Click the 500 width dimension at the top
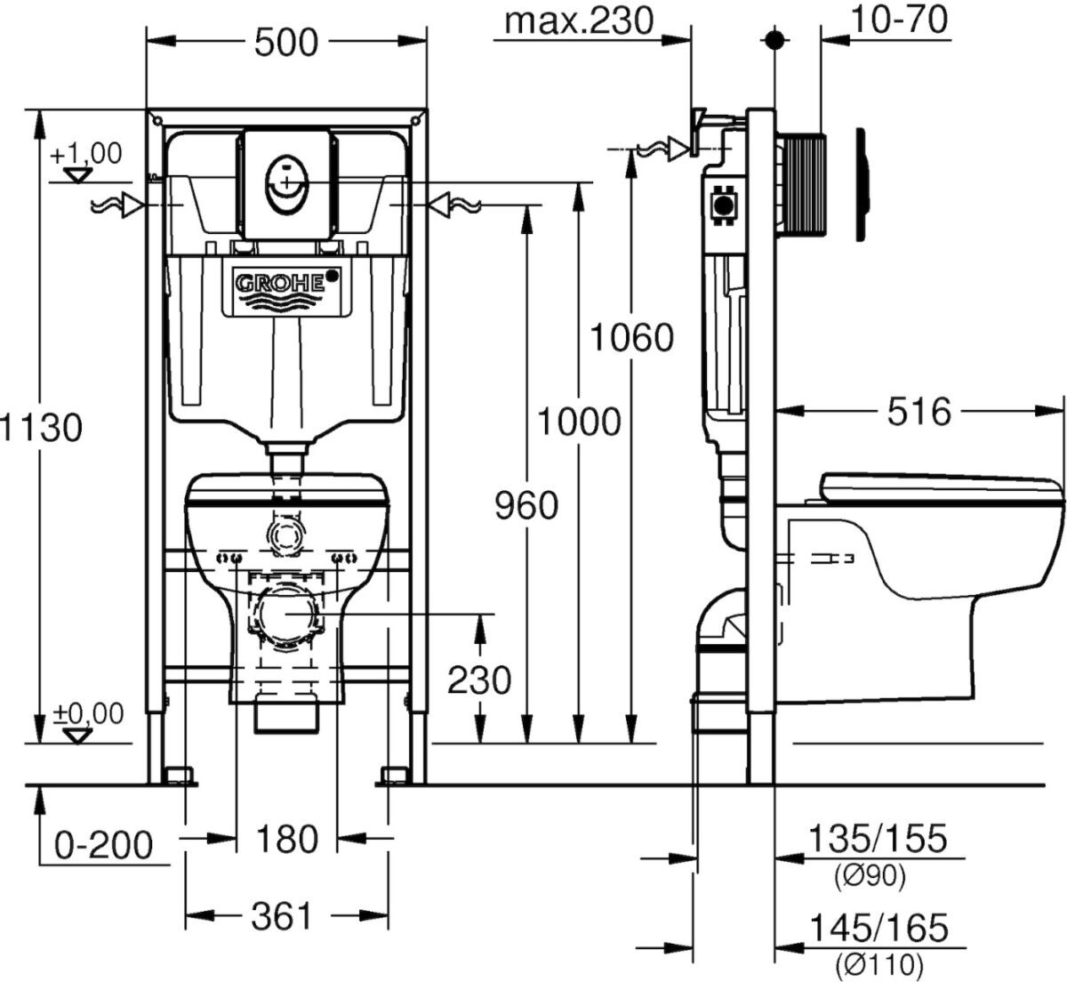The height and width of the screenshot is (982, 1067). point(286,42)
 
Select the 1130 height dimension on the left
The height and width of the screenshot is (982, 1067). point(41,427)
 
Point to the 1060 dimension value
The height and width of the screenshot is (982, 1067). point(632,337)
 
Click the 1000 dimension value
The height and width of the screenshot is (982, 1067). point(580,422)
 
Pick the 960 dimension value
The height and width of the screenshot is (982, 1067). point(526,505)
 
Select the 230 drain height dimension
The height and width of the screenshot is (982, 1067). point(479,680)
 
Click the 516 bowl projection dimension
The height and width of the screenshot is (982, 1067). point(919,412)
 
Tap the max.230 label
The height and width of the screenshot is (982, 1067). point(579,22)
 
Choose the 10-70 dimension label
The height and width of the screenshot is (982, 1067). point(899,20)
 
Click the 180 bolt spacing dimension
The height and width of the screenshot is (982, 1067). point(286,839)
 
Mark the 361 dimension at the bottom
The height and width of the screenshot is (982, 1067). point(281,916)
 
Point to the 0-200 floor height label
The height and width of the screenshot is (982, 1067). point(103,845)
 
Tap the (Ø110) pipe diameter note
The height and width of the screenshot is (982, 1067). point(878,964)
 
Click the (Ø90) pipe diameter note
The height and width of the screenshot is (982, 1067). point(870,875)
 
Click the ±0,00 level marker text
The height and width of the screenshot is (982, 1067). point(88,713)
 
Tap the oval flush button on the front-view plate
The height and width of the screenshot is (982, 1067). point(285,183)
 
